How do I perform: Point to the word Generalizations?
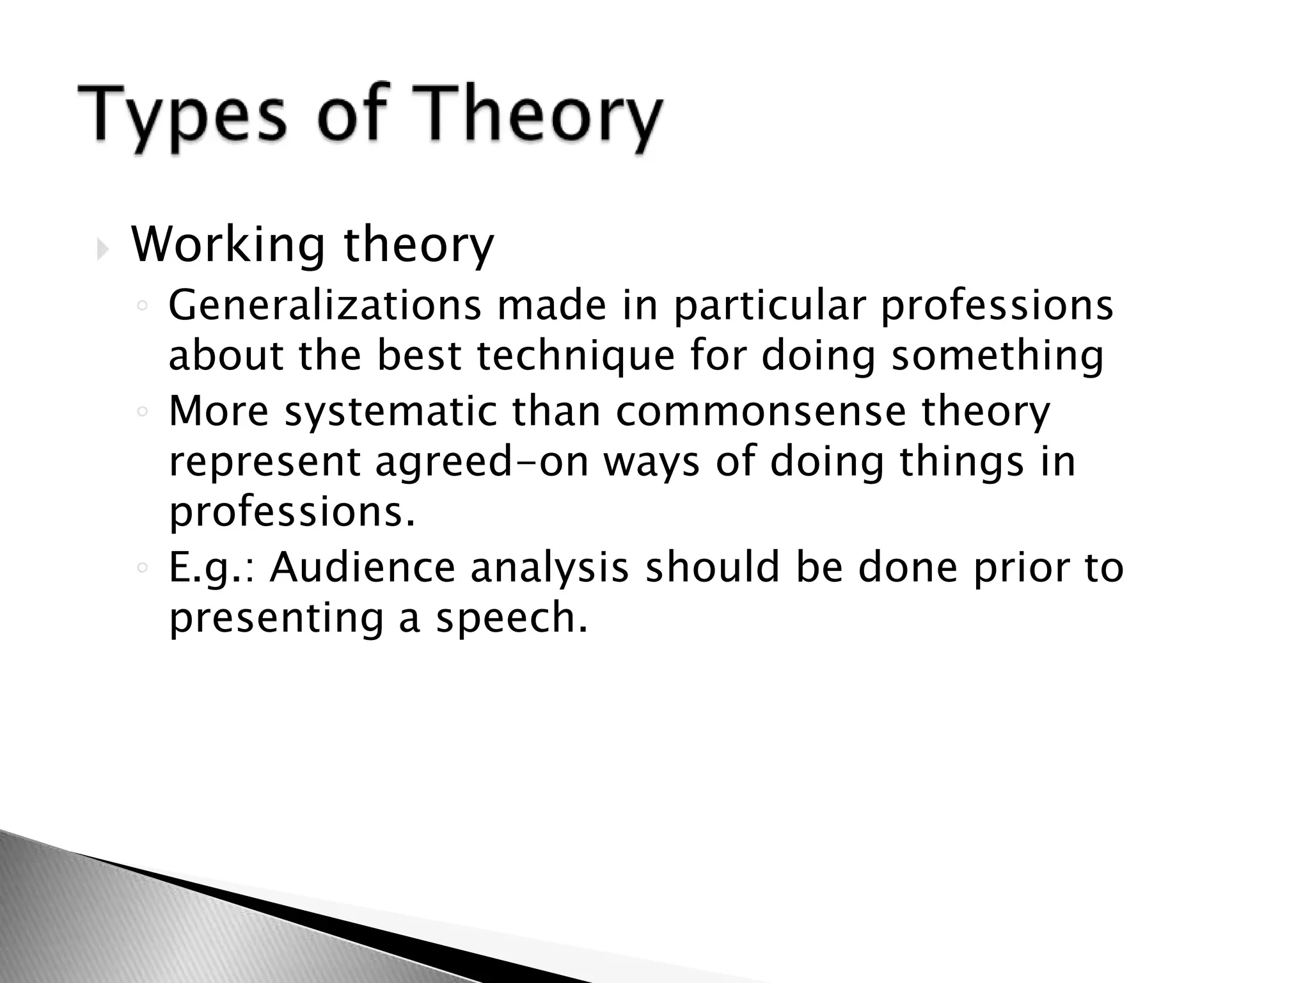tap(324, 305)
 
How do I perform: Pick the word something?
tap(997, 355)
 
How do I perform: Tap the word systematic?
tap(390, 411)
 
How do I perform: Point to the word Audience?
tap(362, 567)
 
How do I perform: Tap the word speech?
tap(511, 618)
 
